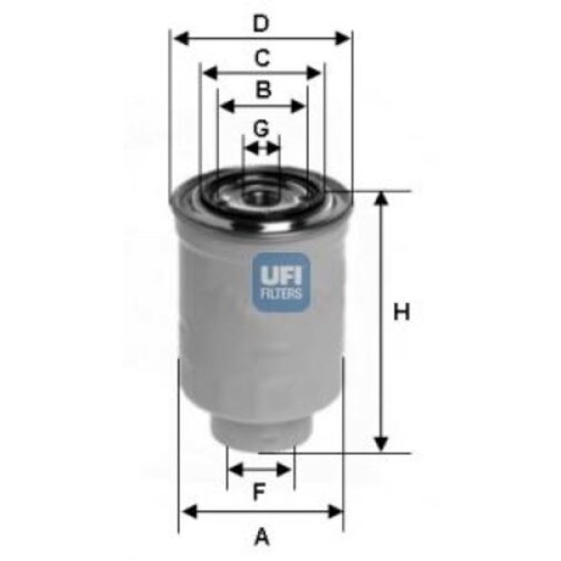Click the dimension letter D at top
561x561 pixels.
262,22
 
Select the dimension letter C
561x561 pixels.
263,58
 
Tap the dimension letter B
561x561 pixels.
263,91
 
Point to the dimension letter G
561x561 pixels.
262,127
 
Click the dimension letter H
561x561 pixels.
401,312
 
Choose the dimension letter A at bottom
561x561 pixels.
262,537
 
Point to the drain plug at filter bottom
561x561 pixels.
261,432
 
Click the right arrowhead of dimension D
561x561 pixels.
345,39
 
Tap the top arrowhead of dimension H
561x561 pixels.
381,199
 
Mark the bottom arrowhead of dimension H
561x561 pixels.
381,445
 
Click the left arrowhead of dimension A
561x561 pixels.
186,511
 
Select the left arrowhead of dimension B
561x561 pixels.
223,107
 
